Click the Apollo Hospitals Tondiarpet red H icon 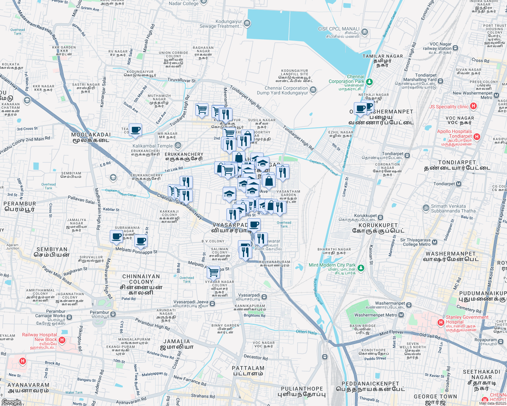(477, 137)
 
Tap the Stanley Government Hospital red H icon (441, 322)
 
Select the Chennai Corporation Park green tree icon (369, 82)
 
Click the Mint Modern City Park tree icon (361, 268)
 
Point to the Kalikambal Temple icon (178, 146)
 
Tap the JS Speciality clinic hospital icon (473, 106)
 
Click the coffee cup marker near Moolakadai (135, 130)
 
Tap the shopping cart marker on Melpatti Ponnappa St (214, 272)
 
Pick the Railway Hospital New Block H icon (62, 340)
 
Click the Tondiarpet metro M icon (459, 184)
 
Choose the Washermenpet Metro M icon (401, 315)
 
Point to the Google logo (12, 402)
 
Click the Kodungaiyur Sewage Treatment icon (247, 23)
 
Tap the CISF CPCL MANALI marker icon (365, 32)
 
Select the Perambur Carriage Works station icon (69, 317)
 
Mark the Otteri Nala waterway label (306, 332)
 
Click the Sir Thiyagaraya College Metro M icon (435, 242)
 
